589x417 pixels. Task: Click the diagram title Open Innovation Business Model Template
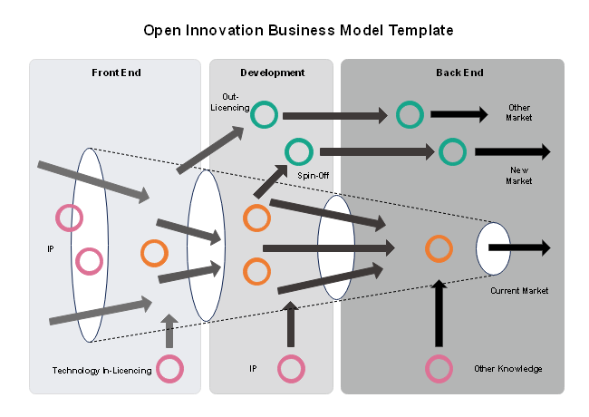tap(298, 30)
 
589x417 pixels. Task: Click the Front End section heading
tap(116, 73)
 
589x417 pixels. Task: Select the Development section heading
tap(272, 73)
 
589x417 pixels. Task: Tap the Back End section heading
tap(459, 73)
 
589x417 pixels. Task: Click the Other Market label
tap(519, 113)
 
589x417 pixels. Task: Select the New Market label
tap(519, 176)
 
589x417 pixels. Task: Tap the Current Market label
tap(519, 291)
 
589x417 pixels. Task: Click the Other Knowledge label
tap(507, 369)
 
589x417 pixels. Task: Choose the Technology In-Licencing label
tap(101, 370)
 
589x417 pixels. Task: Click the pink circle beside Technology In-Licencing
tap(169, 369)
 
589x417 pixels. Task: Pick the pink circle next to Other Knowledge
tap(439, 369)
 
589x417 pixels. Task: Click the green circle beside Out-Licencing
tap(264, 115)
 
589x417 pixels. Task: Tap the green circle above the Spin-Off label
tap(298, 150)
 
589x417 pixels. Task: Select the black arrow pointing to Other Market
tap(459, 114)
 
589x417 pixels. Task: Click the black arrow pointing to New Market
tap(512, 151)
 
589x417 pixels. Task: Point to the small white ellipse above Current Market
tap(493, 248)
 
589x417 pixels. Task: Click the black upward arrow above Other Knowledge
tap(439, 314)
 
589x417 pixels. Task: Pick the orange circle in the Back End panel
tap(439, 247)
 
